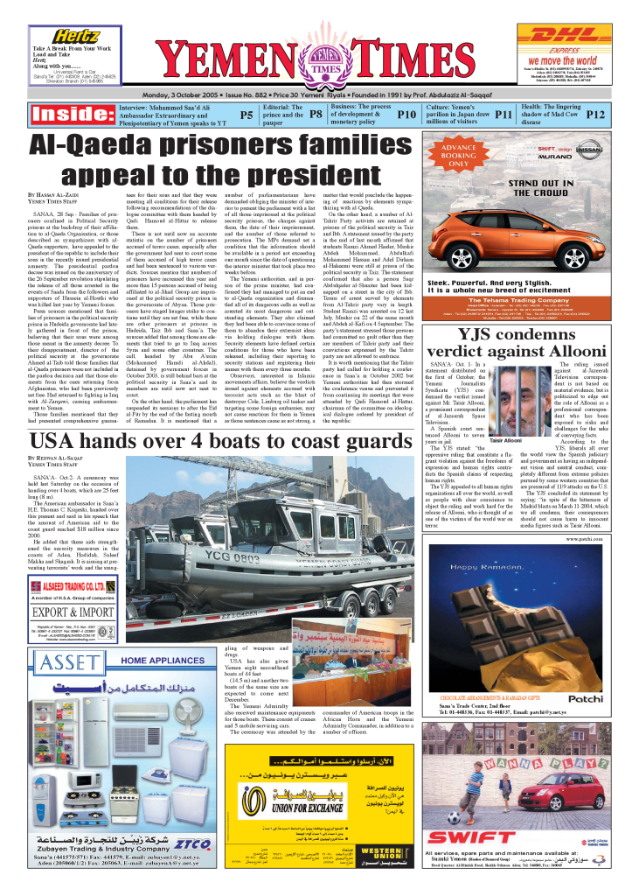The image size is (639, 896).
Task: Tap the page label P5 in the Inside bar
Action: (x=247, y=115)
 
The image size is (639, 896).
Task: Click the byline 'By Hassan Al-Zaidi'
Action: (x=58, y=195)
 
